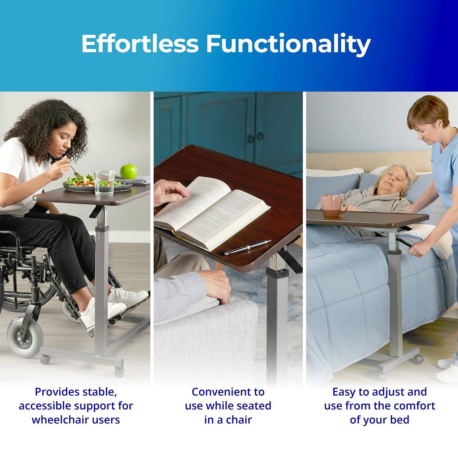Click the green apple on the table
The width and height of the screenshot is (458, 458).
(128, 171)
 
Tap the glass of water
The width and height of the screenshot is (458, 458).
(104, 183)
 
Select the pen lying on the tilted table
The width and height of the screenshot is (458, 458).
(248, 247)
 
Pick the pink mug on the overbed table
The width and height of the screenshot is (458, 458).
(333, 205)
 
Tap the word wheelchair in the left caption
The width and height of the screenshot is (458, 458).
(60, 420)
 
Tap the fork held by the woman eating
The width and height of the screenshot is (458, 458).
(73, 169)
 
